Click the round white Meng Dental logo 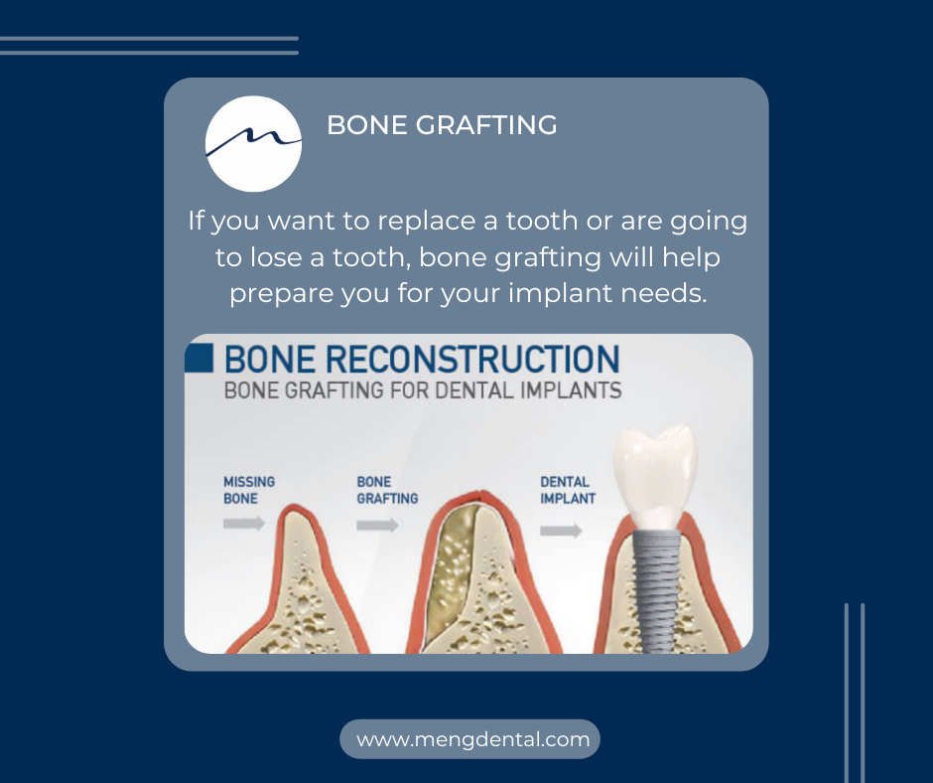point(253,144)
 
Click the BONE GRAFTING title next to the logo point(442,125)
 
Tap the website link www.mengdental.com point(473,739)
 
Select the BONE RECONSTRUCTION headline point(422,359)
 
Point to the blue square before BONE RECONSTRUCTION point(199,358)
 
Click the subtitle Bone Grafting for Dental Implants point(423,391)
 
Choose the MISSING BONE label point(249,490)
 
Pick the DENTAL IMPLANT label point(568,490)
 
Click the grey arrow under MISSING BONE point(244,524)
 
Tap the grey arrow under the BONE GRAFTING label point(378,525)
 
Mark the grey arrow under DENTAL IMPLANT point(561,531)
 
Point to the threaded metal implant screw point(656,590)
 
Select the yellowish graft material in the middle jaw point(453,572)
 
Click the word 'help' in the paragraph point(691,258)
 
